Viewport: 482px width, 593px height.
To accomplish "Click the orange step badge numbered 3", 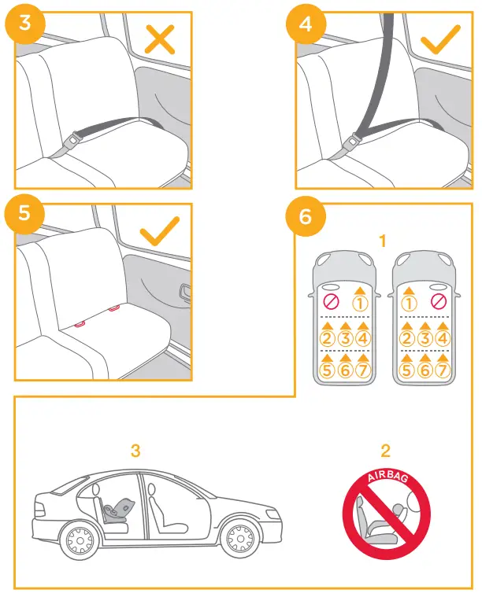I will tap(24, 22).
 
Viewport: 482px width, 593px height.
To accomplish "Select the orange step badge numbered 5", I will tap(24, 214).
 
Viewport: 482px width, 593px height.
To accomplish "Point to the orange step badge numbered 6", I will tap(306, 214).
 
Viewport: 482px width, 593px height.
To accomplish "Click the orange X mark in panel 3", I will tap(160, 38).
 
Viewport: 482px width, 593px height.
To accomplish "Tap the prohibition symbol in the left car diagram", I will tap(331, 302).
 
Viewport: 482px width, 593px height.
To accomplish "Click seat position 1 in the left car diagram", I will tap(361, 302).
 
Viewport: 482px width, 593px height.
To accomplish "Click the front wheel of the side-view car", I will tap(237, 540).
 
